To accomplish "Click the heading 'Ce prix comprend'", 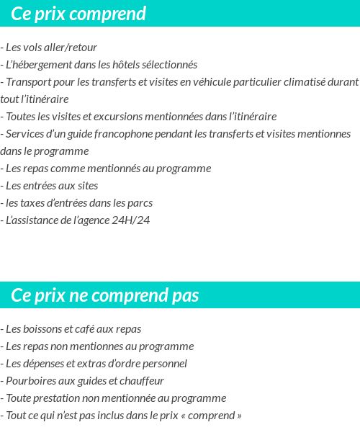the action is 78,14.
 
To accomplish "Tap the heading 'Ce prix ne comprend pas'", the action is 105,295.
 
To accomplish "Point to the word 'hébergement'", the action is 45,65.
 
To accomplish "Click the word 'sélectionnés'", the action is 168,65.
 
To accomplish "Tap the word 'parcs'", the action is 140,203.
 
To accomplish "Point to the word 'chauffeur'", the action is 141,381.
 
